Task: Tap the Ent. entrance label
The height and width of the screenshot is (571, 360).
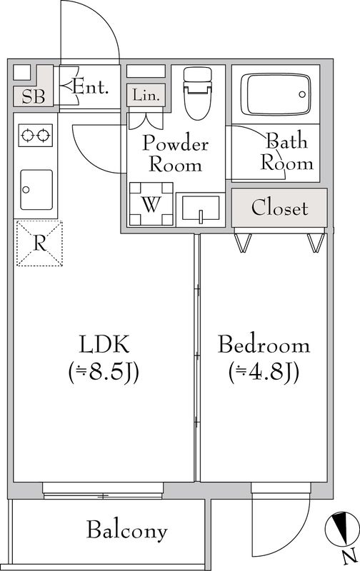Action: pos(91,88)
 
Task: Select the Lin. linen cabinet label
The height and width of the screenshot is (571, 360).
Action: pos(146,94)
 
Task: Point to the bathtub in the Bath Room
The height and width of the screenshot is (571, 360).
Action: pos(275,93)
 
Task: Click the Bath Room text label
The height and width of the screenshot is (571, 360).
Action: pos(287,151)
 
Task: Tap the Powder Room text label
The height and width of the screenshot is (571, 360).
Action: pos(176,153)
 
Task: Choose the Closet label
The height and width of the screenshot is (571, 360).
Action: pos(280,208)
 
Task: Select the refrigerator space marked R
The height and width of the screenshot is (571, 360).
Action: pos(39,243)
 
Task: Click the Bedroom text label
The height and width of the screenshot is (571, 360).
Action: pos(264,345)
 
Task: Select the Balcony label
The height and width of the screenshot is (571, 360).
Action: pos(127,530)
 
